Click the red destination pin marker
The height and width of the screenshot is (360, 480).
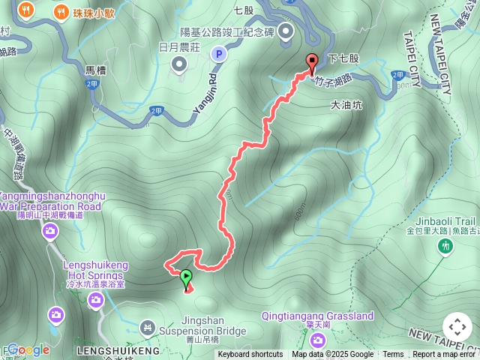click(x=311, y=62)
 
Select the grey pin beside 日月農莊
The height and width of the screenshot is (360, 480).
click(x=179, y=65)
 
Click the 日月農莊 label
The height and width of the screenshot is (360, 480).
click(x=179, y=46)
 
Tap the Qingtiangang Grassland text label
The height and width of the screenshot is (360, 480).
click(x=318, y=316)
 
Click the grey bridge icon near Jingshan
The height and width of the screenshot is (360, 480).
click(x=148, y=327)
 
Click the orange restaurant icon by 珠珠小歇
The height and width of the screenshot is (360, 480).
click(x=27, y=10)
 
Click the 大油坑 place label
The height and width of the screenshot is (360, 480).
click(x=346, y=106)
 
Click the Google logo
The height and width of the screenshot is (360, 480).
click(x=28, y=349)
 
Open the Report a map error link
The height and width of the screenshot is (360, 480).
click(x=445, y=355)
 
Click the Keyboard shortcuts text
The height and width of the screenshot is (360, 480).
click(x=250, y=355)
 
